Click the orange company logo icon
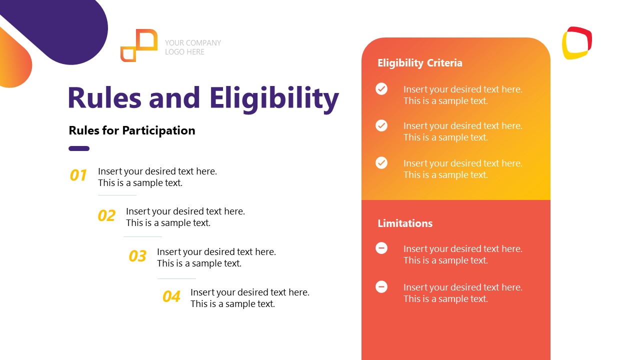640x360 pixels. point(138,45)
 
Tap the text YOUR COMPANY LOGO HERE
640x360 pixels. point(192,47)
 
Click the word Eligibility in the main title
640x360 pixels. point(274,98)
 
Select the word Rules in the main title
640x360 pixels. point(104,98)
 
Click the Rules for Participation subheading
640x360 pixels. point(132,130)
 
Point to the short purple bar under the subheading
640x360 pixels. point(79,148)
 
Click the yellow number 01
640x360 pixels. point(78,175)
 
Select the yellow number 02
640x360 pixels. point(106,215)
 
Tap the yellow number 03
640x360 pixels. point(137,256)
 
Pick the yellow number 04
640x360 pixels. point(171,296)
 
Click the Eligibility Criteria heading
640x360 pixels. point(419,63)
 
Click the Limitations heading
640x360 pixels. point(405,223)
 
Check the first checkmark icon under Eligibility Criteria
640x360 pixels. point(381,89)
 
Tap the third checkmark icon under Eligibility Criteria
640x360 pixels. point(381,162)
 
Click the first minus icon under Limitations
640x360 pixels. point(381,248)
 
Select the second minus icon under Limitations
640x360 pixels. point(381,286)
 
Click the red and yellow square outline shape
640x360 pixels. point(577,43)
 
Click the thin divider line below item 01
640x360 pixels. point(117,195)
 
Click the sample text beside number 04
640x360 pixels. point(249,298)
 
